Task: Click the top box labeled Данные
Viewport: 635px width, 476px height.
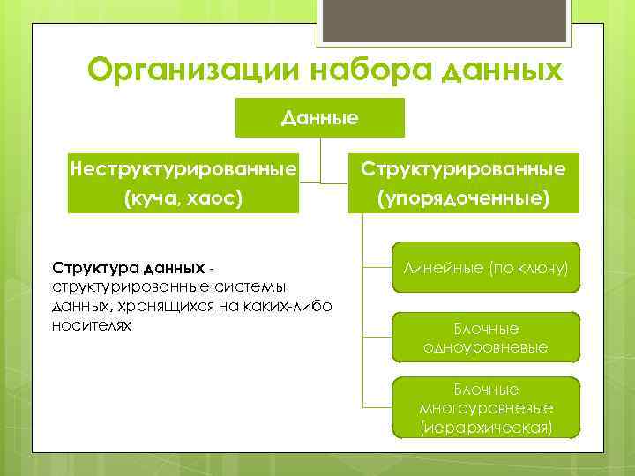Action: coord(319,117)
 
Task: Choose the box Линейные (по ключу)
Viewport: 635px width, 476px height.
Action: coord(486,267)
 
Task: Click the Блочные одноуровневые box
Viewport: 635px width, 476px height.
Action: coord(486,338)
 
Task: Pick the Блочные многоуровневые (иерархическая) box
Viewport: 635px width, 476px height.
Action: coord(486,408)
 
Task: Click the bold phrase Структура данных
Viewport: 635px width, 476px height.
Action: coord(129,266)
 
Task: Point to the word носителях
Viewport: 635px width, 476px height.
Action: coord(92,325)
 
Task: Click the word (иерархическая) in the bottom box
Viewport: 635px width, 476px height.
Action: coord(486,428)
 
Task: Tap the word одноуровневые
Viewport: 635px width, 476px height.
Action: coord(486,347)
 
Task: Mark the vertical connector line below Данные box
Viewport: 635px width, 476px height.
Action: coord(320,159)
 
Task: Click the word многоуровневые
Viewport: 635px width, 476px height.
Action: coord(486,408)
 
